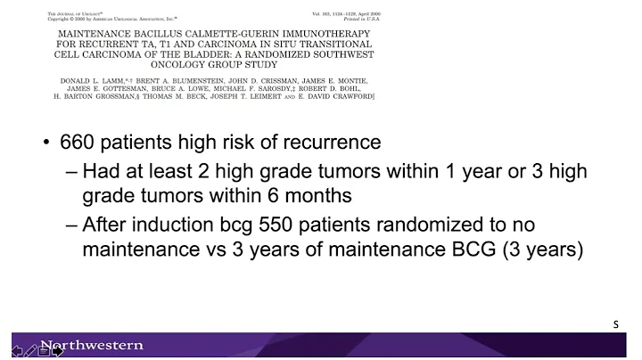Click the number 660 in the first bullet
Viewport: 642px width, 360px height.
81,143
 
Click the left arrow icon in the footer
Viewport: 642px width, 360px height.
18,350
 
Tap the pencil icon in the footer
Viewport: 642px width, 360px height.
30,350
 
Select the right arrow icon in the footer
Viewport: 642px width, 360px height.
57,350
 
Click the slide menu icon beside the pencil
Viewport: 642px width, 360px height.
44,350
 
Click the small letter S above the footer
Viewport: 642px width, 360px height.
615,325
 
